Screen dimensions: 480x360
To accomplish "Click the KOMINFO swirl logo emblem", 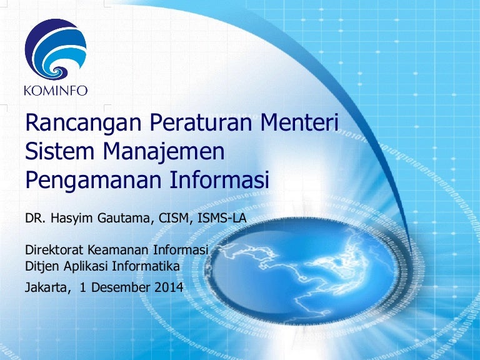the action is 56,49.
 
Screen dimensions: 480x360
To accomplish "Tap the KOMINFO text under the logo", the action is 56,91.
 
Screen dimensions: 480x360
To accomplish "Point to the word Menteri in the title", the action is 300,122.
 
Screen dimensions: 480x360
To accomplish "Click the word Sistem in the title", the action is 59,151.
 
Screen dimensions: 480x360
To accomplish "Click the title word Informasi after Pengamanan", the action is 219,180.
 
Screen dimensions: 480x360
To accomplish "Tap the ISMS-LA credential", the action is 222,218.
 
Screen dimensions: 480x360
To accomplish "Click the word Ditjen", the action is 42,266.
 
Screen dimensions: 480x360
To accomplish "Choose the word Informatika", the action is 146,266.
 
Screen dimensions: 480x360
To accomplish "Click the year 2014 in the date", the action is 169,287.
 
